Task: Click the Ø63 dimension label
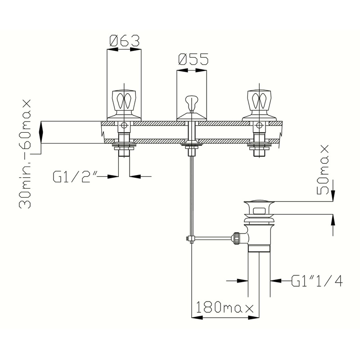pos(124,41)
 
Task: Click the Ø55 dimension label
pos(193,60)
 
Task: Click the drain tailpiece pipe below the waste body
pos(260,270)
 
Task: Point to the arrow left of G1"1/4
pos(238,280)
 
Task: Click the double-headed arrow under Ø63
pos(124,50)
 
